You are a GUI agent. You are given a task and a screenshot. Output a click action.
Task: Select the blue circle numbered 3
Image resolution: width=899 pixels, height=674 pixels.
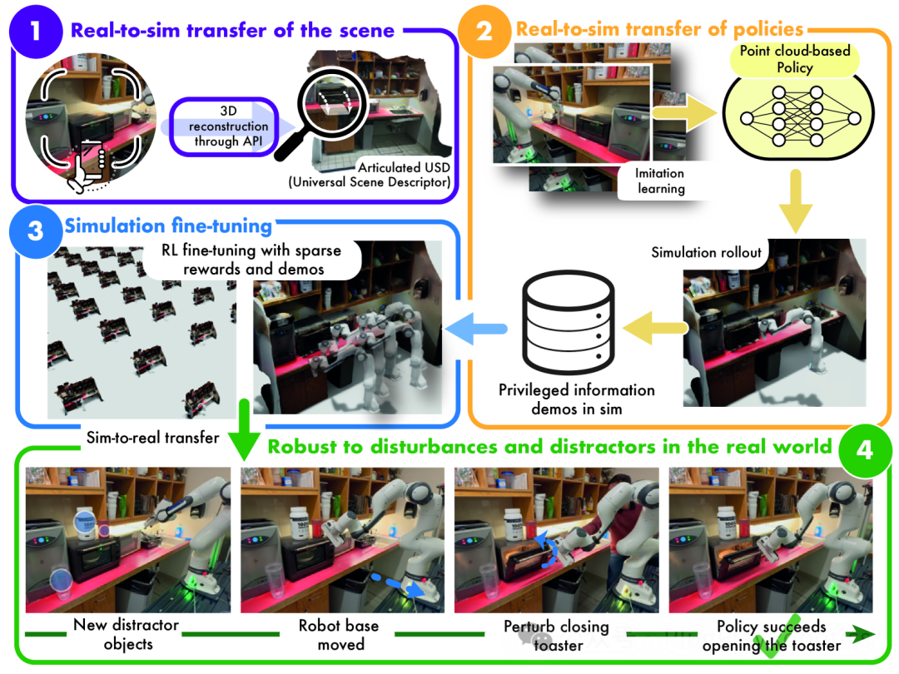click(34, 229)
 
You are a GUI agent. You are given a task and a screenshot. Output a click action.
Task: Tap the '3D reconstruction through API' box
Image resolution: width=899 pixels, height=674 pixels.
click(222, 126)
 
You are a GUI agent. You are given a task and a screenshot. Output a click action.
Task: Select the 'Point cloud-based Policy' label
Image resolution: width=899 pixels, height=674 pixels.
click(794, 59)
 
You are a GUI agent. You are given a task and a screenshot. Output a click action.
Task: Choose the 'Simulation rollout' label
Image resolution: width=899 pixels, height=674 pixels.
click(706, 252)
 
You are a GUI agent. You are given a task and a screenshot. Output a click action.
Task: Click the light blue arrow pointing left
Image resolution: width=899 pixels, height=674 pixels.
click(478, 329)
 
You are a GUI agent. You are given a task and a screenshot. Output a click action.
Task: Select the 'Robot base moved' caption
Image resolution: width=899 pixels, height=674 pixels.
click(340, 634)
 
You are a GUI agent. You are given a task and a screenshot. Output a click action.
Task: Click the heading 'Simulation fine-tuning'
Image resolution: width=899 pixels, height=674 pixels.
click(167, 227)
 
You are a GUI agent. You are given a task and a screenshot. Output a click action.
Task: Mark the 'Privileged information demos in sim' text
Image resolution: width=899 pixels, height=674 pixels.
click(576, 399)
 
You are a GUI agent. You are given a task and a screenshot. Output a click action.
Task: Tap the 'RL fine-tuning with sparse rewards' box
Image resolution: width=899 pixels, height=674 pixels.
click(253, 260)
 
